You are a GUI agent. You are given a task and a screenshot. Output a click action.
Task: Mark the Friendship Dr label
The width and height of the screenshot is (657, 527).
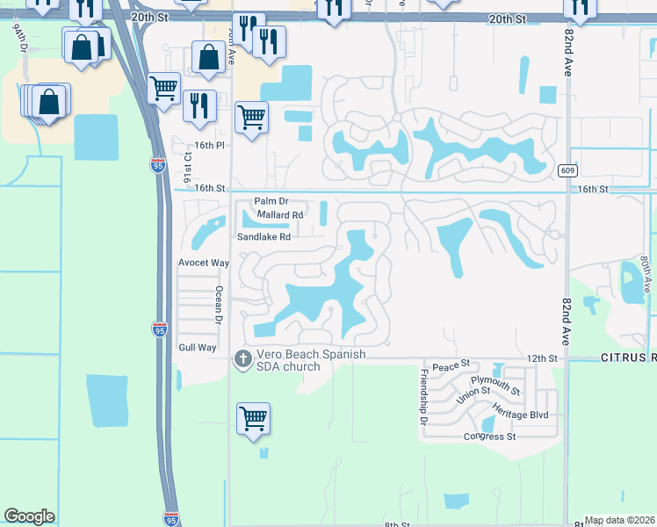[423, 395]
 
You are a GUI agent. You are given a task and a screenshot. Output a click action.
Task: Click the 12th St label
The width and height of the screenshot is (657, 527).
[543, 358]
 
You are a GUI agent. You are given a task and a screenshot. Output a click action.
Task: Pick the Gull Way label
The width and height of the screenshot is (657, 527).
[198, 348]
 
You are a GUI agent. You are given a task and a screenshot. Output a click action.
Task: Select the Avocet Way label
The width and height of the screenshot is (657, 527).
[204, 263]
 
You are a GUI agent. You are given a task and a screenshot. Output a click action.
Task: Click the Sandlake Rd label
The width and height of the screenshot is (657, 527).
[264, 236]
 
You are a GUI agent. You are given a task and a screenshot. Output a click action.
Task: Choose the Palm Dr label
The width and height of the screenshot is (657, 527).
[271, 201]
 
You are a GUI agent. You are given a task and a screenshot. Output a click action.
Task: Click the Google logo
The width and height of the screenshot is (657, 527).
[29, 516]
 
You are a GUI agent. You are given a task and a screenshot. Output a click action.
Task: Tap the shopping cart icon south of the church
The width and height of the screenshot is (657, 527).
[253, 418]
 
